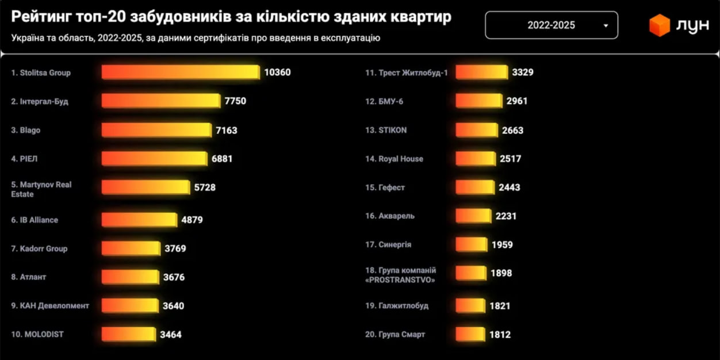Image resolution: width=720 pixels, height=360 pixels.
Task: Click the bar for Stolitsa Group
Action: coord(181,72)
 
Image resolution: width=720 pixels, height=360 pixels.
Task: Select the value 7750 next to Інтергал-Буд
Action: coord(235,101)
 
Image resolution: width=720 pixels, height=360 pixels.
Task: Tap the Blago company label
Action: coord(26,130)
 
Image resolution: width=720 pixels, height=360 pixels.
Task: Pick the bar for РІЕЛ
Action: coord(155,159)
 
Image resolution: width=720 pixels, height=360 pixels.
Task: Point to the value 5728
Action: coord(205,187)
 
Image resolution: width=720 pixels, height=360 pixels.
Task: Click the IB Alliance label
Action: coord(35,220)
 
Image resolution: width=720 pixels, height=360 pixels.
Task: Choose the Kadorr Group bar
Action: coord(131,248)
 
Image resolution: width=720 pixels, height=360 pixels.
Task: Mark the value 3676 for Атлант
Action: coord(174,277)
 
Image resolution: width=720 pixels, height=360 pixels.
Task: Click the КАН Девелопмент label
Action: coord(50,306)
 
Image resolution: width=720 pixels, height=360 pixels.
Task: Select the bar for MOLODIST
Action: coord(129,334)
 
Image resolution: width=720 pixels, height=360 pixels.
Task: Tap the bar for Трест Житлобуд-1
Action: coord(482,72)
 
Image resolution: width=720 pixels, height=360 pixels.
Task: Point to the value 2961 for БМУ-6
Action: coord(517,101)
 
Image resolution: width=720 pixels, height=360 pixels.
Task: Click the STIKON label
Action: coord(386,130)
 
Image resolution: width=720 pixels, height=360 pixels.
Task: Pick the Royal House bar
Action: coord(476,159)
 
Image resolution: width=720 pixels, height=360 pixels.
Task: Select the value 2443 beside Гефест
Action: coord(510,187)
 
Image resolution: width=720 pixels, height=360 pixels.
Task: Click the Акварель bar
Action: coord(474,216)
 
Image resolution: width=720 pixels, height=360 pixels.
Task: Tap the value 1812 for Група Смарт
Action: coord(500,335)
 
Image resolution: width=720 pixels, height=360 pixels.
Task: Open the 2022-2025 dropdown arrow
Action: coord(606,26)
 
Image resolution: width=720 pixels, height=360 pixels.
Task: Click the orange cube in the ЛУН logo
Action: coord(660,25)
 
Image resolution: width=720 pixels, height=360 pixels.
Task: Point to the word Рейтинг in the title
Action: coord(41,17)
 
